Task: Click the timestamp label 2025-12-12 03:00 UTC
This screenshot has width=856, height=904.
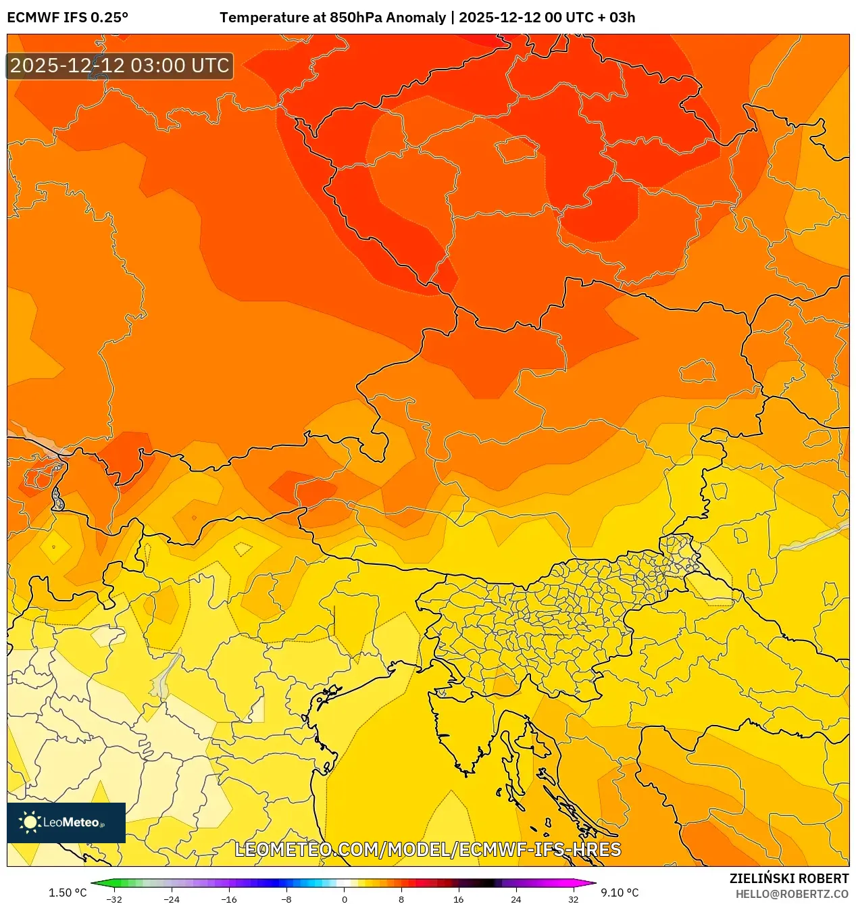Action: tap(120, 66)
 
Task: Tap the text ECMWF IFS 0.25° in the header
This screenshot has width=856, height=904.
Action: tap(68, 18)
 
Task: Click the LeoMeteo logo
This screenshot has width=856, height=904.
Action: tap(66, 822)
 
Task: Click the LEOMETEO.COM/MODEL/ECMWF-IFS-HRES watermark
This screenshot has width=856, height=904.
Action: tap(428, 849)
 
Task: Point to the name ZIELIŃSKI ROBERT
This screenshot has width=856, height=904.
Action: tap(788, 878)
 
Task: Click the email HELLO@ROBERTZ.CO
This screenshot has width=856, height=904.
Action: tap(792, 894)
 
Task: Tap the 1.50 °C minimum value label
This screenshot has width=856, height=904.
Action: tap(68, 893)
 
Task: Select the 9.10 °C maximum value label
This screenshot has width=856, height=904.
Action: tap(620, 893)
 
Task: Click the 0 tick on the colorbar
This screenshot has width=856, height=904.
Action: tap(344, 899)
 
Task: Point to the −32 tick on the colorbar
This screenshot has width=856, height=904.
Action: tap(114, 899)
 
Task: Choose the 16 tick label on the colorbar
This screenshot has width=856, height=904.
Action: tap(458, 899)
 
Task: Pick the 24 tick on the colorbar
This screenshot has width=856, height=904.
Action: tap(515, 899)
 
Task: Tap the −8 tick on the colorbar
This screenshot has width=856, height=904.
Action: tap(286, 899)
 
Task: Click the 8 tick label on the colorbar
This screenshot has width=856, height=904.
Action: tap(401, 899)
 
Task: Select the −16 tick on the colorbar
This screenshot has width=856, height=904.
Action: tap(229, 899)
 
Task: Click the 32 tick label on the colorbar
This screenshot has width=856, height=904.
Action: tap(573, 899)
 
